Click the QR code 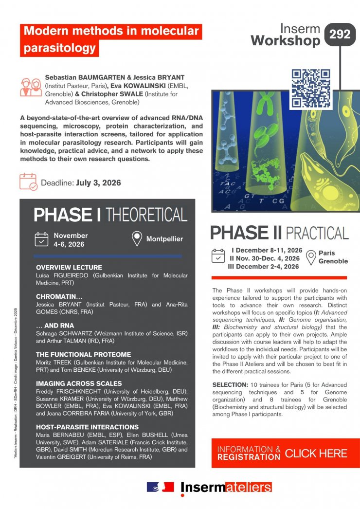[311, 89]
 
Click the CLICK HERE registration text [316, 454]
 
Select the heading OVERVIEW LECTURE [69, 267]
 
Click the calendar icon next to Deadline [28, 182]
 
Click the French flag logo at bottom [160, 487]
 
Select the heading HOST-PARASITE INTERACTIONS [87, 427]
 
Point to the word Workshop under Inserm [286, 41]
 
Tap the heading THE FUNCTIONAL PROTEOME [83, 354]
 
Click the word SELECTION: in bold [230, 385]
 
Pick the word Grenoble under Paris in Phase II [333, 261]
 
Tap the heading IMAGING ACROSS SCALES [79, 383]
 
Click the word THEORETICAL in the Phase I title [146, 215]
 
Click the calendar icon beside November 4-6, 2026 [41, 239]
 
